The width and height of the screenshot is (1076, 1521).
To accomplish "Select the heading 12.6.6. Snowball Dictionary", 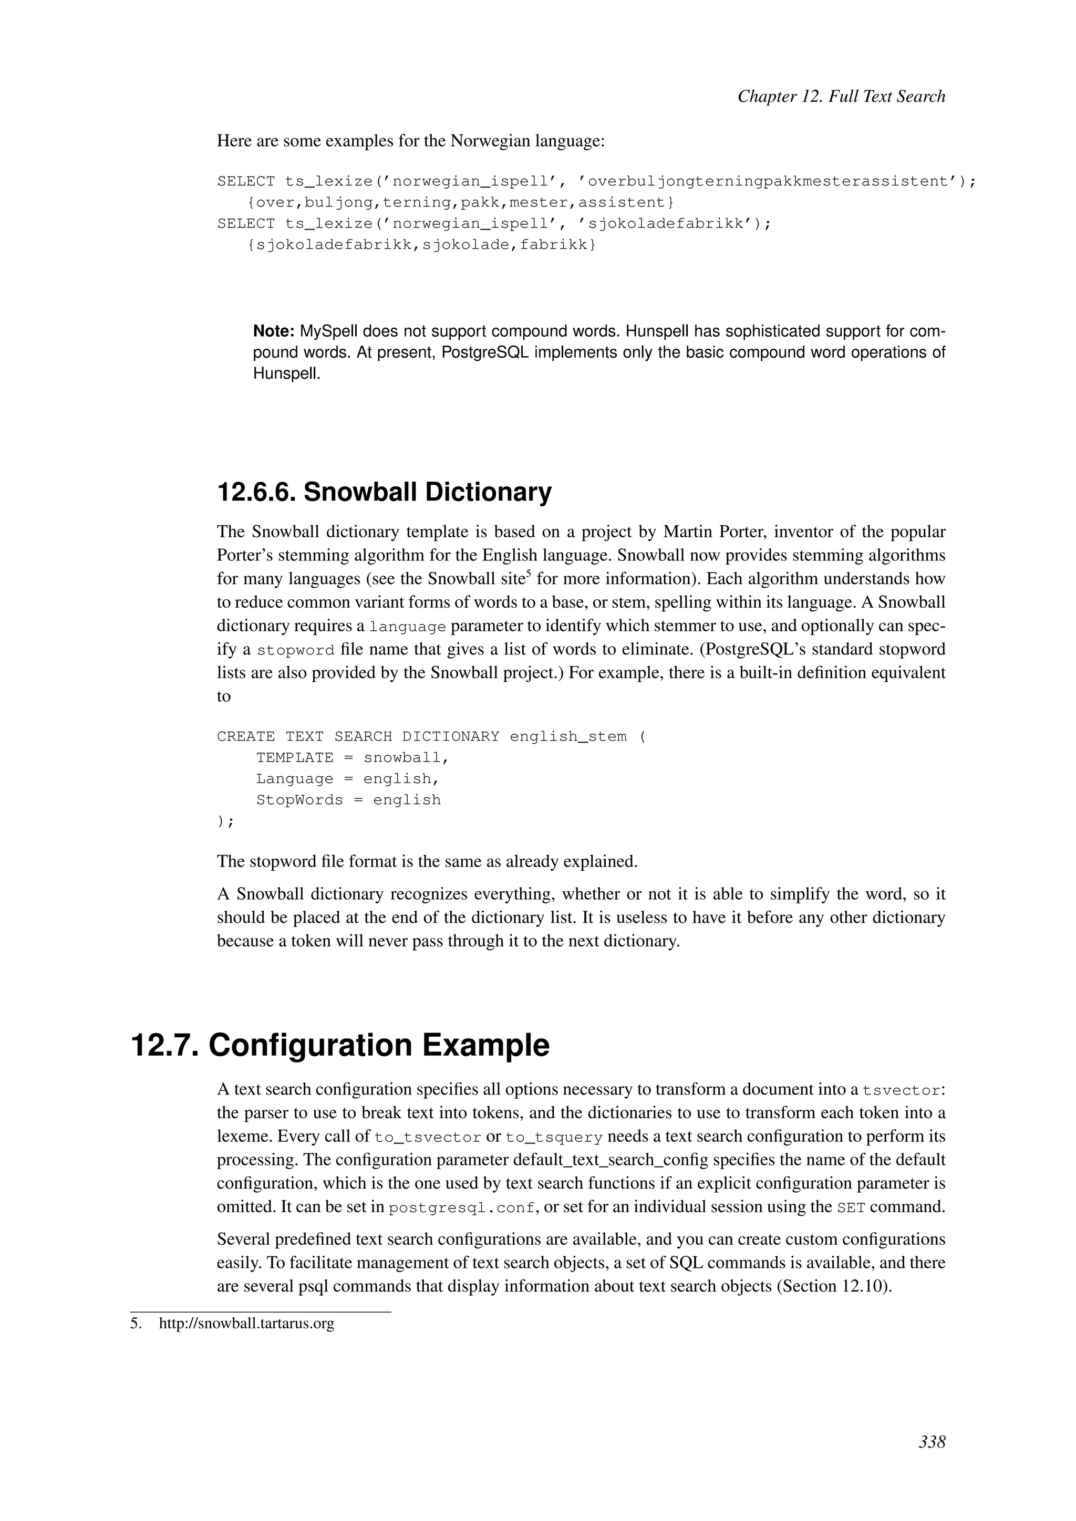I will tap(384, 492).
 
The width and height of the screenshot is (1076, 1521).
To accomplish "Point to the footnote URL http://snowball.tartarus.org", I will tap(246, 1324).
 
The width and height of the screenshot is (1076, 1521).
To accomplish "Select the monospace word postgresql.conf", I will tap(462, 1207).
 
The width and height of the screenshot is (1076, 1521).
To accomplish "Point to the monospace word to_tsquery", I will tap(554, 1138).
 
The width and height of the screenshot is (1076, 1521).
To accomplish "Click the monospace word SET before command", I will tap(851, 1207).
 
